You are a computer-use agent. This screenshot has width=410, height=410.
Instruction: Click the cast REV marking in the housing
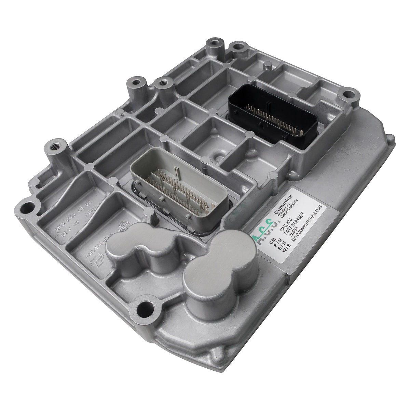[x=68, y=234]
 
